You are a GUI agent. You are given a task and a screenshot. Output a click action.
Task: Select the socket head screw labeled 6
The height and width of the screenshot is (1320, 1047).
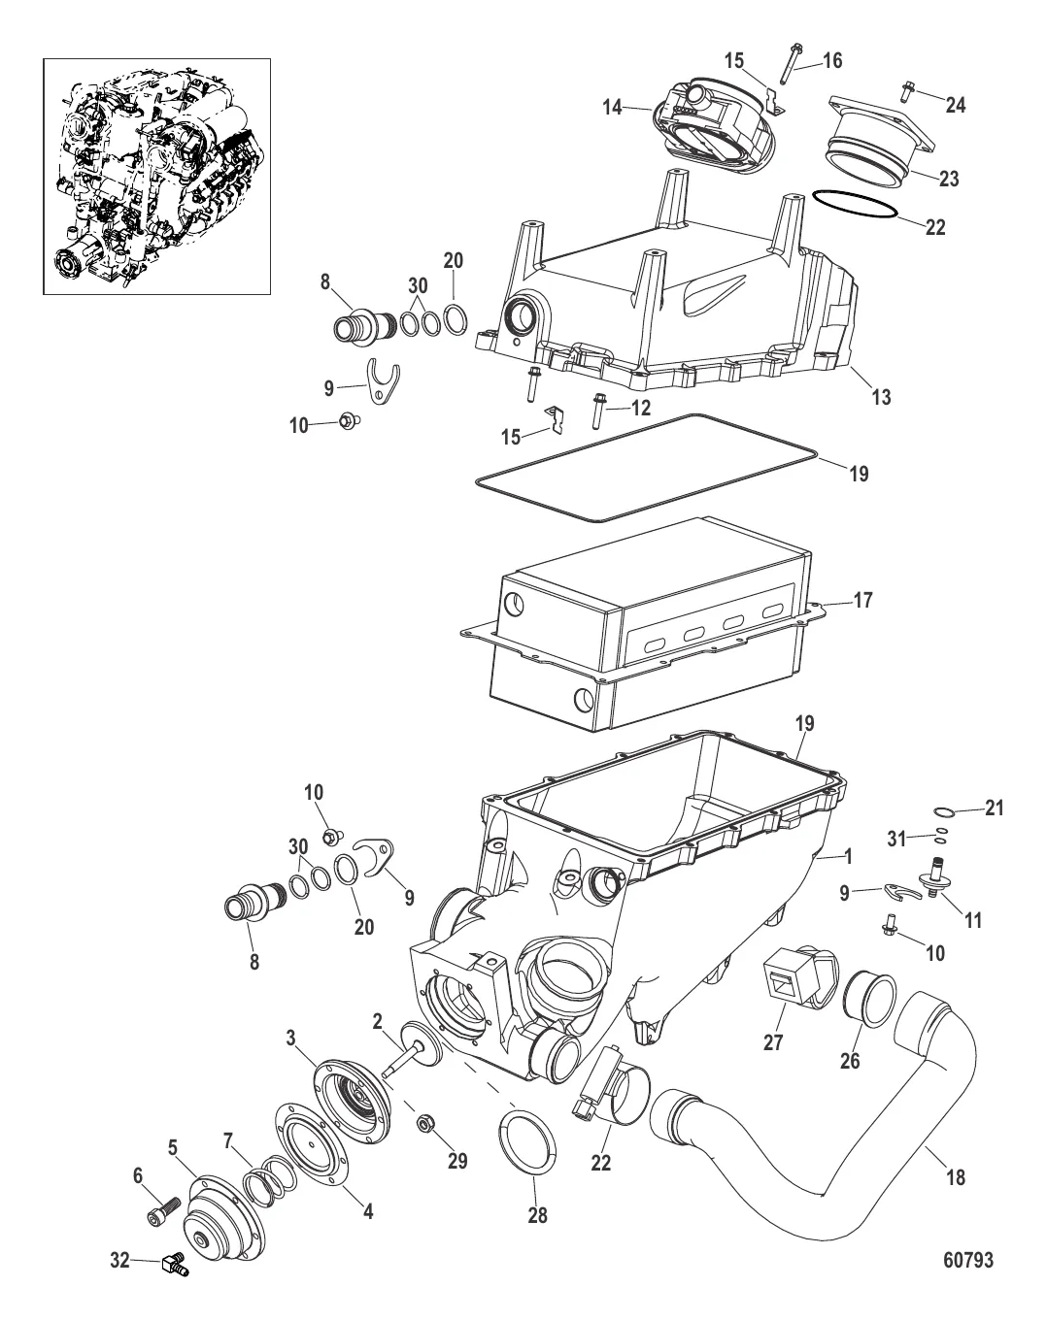pos(163,1211)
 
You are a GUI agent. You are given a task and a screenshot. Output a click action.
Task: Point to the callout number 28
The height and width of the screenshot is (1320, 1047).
pos(538,1214)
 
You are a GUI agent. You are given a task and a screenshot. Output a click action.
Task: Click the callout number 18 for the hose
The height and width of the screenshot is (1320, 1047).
pos(956,1176)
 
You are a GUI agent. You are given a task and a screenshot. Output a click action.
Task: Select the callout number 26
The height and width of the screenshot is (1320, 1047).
pos(850,1060)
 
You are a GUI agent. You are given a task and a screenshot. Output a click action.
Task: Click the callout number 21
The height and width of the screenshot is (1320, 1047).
pos(995,808)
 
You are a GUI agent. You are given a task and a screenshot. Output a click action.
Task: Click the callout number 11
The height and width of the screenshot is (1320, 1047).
pos(973,920)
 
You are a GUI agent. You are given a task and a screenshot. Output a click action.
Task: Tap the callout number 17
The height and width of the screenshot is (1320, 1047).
pos(862,600)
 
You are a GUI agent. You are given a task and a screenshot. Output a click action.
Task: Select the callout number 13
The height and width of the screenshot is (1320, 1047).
pos(881,397)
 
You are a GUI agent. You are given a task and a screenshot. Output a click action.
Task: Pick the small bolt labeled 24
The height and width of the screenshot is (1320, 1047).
pos(909,91)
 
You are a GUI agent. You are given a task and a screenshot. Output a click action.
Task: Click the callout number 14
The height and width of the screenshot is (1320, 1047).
pos(613,108)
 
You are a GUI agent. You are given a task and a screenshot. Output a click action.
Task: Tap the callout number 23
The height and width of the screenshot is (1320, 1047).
pos(949,179)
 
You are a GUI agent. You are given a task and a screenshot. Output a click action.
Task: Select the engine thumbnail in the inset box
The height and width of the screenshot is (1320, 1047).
pos(156,177)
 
